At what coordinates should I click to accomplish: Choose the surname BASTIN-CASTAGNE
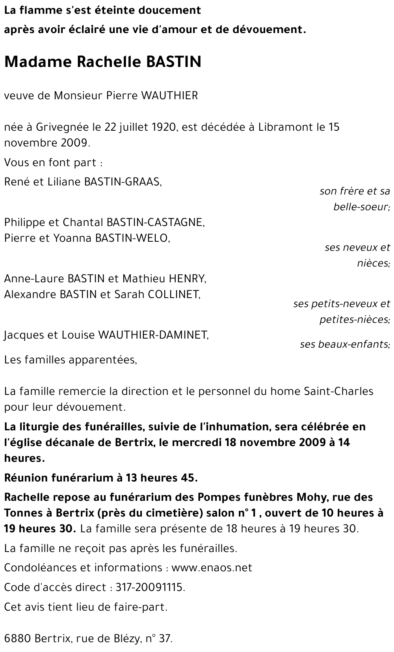pyautogui.click(x=155, y=222)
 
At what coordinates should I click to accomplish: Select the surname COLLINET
pyautogui.click(x=173, y=295)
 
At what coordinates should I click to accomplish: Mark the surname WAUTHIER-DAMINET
pyautogui.click(x=153, y=335)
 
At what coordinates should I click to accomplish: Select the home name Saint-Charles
pyautogui.click(x=338, y=391)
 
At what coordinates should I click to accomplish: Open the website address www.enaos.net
pyautogui.click(x=212, y=568)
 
